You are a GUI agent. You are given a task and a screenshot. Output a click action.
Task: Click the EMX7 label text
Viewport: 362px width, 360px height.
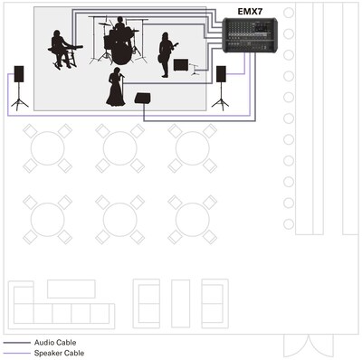(x=250, y=12)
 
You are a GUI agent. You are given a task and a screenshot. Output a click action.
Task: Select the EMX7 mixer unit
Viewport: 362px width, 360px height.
(x=250, y=35)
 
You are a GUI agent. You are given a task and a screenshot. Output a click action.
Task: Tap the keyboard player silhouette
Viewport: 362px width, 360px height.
(x=61, y=50)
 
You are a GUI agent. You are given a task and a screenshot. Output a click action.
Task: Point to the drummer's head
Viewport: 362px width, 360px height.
(x=120, y=20)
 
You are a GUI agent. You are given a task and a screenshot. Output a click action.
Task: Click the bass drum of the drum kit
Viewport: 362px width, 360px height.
(x=122, y=53)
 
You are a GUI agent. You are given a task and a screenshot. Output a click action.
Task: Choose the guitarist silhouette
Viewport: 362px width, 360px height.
(x=166, y=54)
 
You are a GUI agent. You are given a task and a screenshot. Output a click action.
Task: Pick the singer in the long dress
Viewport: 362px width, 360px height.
(x=116, y=87)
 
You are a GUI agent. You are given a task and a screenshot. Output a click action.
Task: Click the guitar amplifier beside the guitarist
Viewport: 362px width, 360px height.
(x=181, y=65)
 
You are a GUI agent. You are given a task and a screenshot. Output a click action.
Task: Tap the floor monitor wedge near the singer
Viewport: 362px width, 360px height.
(x=142, y=99)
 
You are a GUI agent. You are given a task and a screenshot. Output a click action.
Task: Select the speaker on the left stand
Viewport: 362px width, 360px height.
(x=19, y=74)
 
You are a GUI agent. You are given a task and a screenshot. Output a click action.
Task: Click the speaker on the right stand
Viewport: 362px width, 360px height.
(x=221, y=74)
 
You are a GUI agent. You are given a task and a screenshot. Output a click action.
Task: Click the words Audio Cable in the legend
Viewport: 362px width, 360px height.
(x=55, y=343)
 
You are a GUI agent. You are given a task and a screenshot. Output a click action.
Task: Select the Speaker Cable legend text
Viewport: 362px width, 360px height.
(x=59, y=353)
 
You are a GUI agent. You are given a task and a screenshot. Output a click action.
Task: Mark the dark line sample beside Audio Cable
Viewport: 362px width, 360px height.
(x=17, y=343)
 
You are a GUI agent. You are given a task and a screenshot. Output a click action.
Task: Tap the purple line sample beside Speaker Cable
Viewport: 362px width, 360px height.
(x=17, y=353)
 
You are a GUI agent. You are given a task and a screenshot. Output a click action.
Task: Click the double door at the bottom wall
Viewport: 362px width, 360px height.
(x=309, y=346)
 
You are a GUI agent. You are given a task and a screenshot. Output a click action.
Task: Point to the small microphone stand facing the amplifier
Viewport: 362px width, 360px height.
(x=195, y=70)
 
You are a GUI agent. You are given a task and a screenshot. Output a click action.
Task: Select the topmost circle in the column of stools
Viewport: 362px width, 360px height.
(x=289, y=13)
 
